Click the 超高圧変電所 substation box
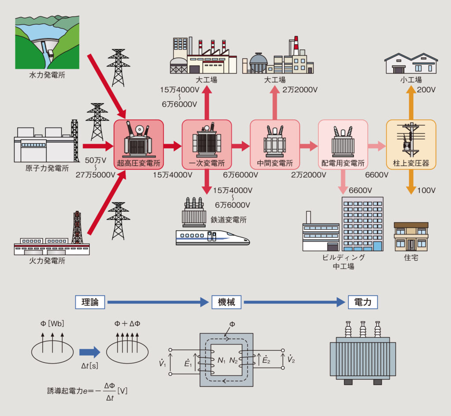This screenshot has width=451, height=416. tap(139, 144)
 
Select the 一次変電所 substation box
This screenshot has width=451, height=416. tap(207, 144)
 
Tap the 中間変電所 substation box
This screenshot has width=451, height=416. tap(275, 144)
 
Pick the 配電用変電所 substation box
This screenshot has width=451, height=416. tap(343, 144)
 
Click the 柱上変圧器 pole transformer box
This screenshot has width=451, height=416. tap(411, 144)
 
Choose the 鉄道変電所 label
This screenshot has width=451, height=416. tap(229, 219)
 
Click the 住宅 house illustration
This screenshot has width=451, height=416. tap(411, 236)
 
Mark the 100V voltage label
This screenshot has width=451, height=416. tap(426, 191)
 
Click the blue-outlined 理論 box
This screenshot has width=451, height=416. tap(90, 302)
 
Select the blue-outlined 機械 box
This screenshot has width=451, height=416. tap(226, 302)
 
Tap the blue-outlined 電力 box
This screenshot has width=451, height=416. tap(363, 302)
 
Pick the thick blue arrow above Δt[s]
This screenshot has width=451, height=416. tap(90, 352)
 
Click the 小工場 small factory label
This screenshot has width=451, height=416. tap(411, 80)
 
